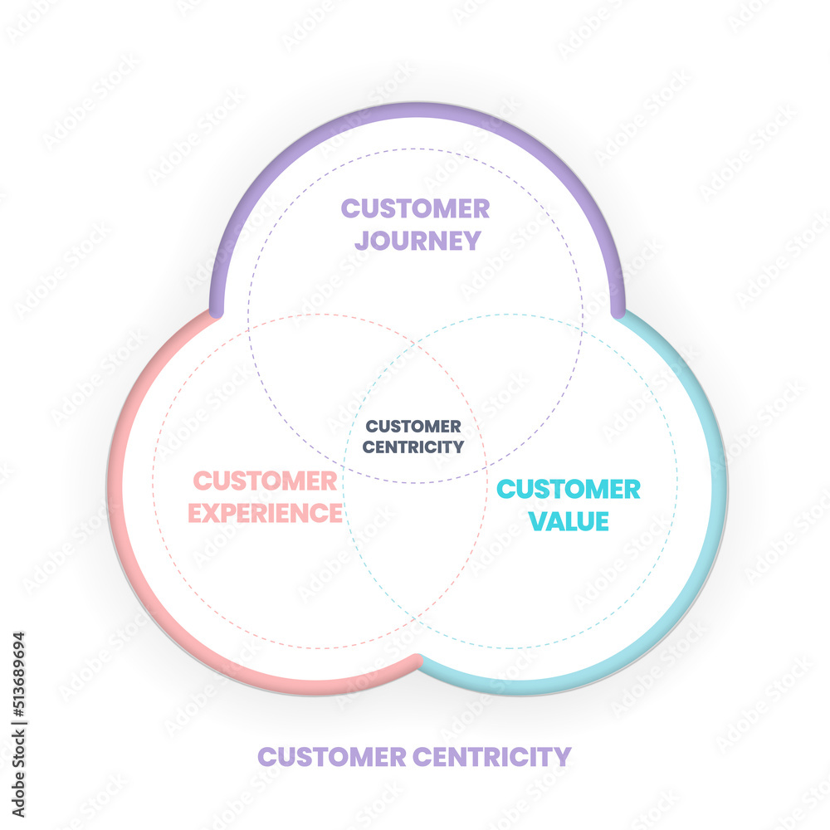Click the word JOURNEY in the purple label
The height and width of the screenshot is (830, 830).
417,241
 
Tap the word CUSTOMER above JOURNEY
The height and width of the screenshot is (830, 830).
415,208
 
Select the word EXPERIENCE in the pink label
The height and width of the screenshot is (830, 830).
265,513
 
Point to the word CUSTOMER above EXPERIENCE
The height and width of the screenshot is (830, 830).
265,481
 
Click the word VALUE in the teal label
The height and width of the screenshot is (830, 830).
569,521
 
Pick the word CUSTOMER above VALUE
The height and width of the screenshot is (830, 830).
569,489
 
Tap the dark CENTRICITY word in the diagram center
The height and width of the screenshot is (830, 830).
415,447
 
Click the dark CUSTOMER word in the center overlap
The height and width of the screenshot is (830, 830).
414,426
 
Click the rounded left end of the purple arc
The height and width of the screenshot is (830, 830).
217,310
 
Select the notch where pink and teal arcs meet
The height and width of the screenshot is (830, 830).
417,660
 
